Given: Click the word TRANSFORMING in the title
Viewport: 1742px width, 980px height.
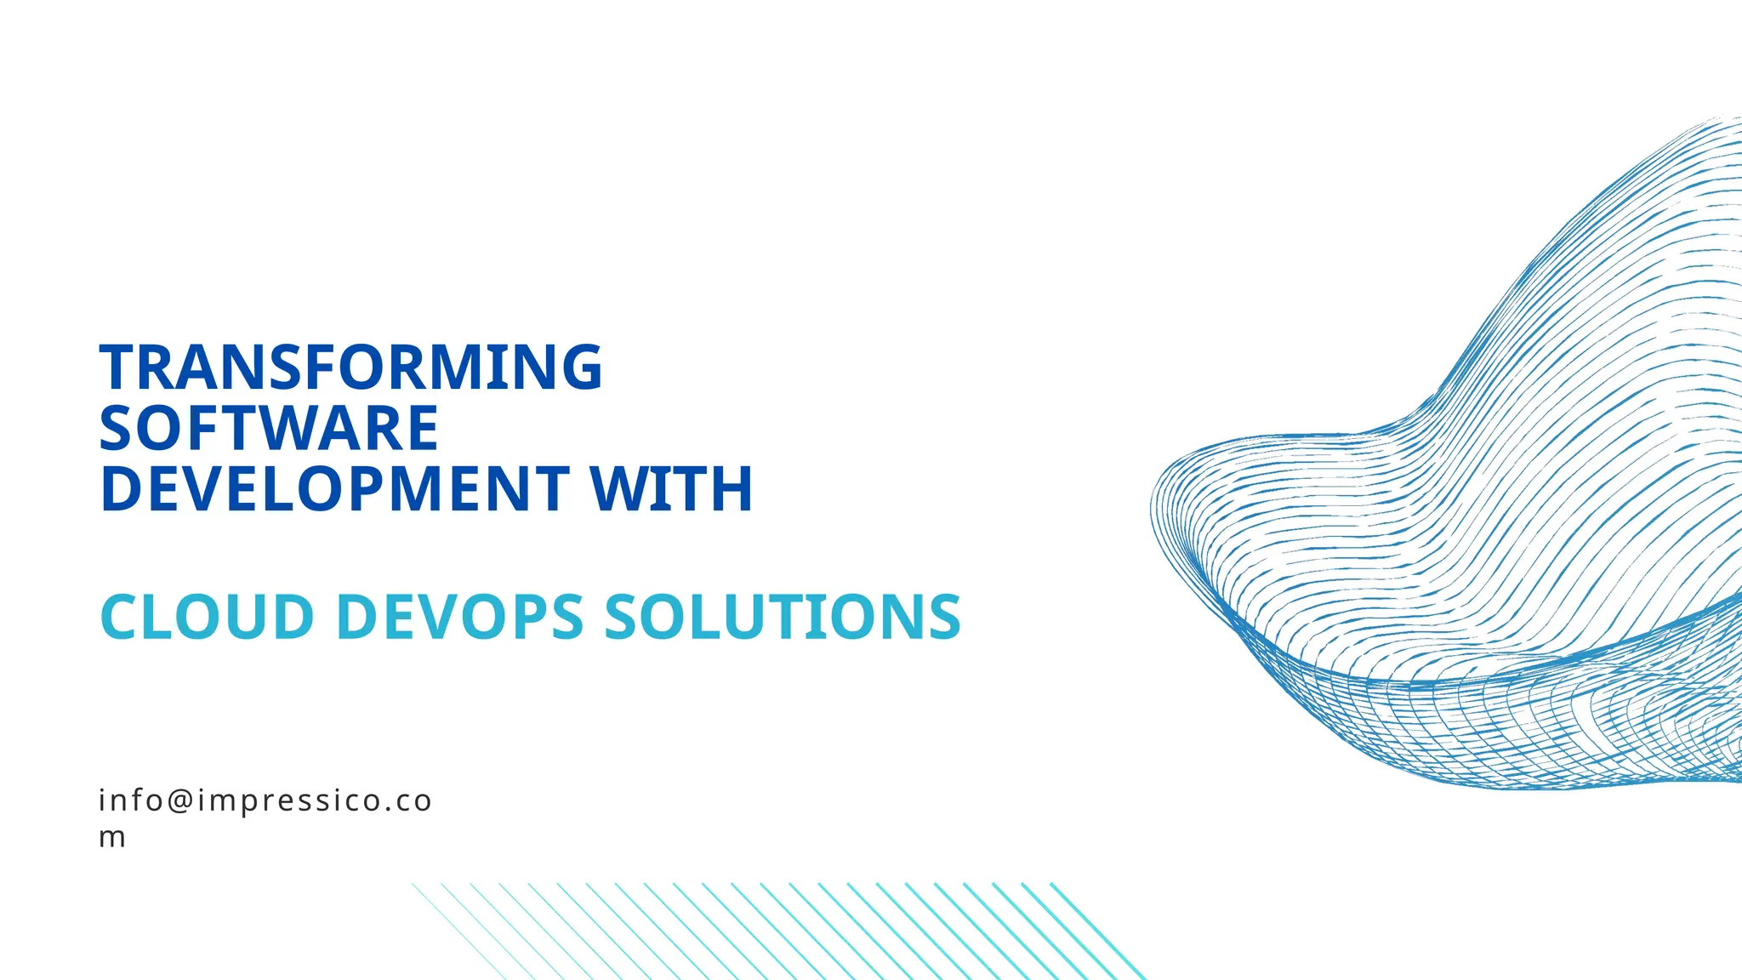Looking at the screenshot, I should coord(350,367).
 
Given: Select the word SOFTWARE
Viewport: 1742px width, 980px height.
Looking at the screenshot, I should coord(269,428).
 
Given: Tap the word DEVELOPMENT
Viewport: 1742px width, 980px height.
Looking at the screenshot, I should coord(334,489).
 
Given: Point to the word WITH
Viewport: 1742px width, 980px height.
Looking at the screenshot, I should coord(671,489).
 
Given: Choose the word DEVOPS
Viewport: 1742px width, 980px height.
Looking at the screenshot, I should coord(460,617).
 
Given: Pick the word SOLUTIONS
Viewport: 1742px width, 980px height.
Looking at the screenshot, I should coord(782,617).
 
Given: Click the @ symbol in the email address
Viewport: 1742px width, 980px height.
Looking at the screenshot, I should coord(180,801).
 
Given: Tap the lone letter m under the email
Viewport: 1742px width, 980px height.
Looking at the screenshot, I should coord(112,838).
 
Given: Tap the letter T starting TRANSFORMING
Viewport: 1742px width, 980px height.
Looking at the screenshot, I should coord(117,367).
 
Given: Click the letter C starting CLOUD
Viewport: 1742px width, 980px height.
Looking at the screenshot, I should coord(121,617).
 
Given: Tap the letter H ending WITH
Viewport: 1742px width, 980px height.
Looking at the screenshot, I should coord(732,489).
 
